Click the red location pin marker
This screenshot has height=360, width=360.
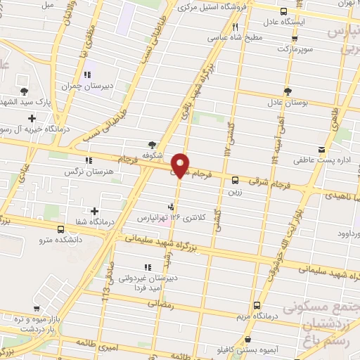(181, 164)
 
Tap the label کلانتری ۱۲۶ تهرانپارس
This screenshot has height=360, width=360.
(172, 218)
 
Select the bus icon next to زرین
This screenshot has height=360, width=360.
(235, 179)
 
